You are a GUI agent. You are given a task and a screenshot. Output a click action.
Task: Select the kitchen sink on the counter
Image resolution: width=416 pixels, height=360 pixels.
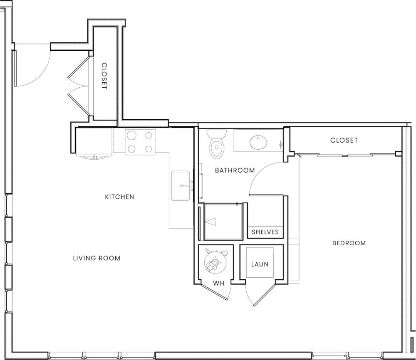click(181, 185)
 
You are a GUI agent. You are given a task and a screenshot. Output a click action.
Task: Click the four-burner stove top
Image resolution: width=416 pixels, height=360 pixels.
click(140, 141)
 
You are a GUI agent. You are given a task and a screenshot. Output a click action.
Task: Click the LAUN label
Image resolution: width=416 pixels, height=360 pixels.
click(260, 264)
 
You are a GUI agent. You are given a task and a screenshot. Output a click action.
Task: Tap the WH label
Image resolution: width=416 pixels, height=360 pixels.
click(219, 284)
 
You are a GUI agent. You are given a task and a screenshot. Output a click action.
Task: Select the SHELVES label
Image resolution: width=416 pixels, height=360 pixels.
click(265, 232)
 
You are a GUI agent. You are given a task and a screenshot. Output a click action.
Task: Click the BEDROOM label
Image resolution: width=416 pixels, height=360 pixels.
click(349, 243)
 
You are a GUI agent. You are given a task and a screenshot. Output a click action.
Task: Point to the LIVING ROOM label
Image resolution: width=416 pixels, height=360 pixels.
click(97, 258)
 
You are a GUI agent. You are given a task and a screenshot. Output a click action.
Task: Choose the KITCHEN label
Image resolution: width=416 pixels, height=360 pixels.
click(119, 197)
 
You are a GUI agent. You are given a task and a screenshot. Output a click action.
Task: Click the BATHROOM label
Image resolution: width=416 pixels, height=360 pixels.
click(235, 170)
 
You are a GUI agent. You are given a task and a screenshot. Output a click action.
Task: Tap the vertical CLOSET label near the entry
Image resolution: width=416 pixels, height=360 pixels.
click(104, 76)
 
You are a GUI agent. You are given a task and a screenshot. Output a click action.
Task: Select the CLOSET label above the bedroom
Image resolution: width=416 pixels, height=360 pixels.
click(344, 141)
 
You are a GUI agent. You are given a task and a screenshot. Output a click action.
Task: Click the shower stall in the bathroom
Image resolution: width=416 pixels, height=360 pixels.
click(223, 222)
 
